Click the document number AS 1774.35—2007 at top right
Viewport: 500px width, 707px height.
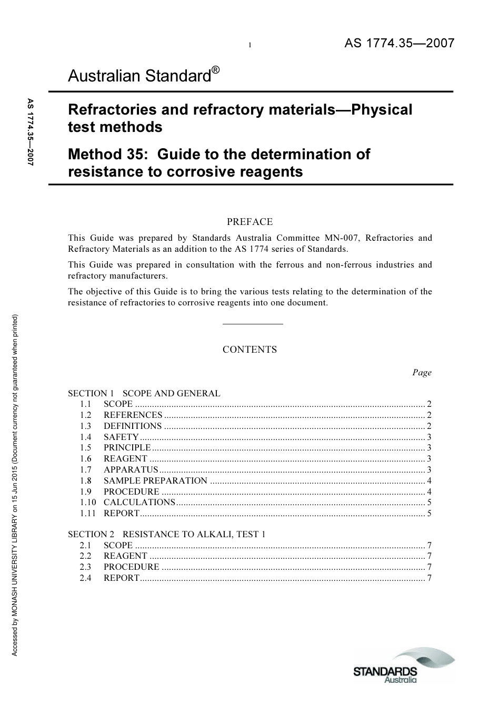click(x=399, y=44)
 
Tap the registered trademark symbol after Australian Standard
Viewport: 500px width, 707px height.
click(x=215, y=70)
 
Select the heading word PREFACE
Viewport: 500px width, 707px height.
click(x=249, y=222)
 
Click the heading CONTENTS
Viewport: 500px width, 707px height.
click(x=249, y=350)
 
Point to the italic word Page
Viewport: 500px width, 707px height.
click(x=422, y=373)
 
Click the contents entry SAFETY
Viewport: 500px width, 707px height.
click(x=121, y=437)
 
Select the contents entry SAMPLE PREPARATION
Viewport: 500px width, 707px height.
click(x=155, y=480)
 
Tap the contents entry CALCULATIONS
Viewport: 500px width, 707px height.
click(x=139, y=503)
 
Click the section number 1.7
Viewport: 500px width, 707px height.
click(x=85, y=470)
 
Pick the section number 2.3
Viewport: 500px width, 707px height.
click(x=85, y=567)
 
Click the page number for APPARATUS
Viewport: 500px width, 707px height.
click(x=429, y=470)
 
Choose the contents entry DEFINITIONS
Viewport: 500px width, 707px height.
click(x=133, y=426)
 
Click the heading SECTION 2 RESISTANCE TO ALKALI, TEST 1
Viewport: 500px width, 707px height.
click(x=167, y=534)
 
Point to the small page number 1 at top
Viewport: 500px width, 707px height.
click(x=250, y=45)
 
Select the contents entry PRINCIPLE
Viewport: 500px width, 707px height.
click(x=127, y=448)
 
